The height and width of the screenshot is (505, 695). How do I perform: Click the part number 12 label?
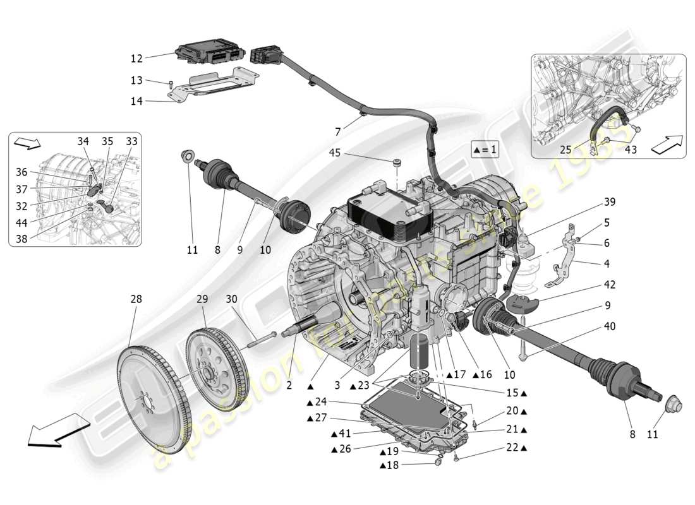[x=136, y=58]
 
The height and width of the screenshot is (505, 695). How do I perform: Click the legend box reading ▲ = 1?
[x=485, y=150]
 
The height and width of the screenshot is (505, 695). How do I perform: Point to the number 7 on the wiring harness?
[x=337, y=131]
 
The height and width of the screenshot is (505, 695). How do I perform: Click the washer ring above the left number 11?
[x=188, y=157]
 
